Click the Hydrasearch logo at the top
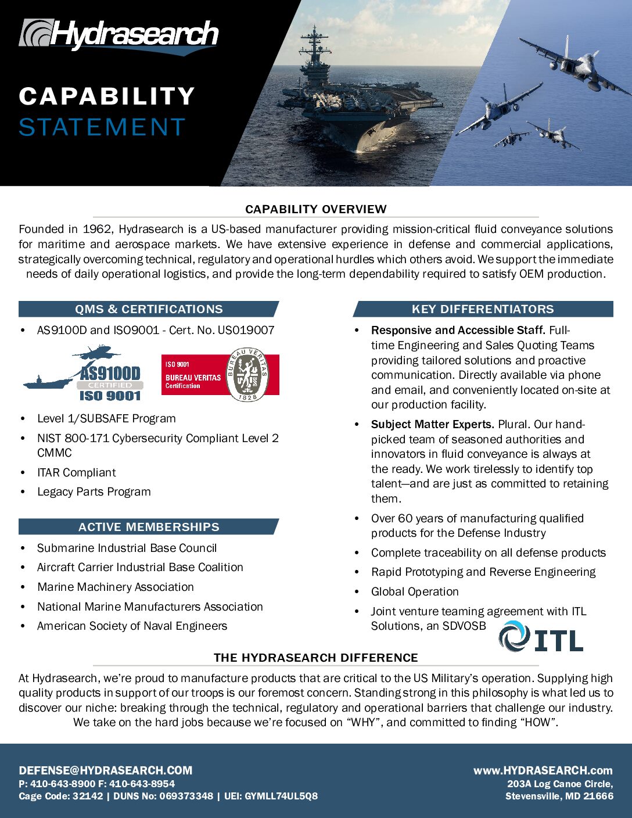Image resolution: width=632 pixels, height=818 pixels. click(x=119, y=36)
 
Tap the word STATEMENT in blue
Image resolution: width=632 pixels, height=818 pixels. click(x=102, y=127)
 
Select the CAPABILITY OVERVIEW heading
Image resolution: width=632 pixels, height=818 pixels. click(x=315, y=209)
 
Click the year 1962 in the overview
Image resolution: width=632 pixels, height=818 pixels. click(x=97, y=229)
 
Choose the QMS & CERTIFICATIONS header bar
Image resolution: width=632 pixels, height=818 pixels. click(x=149, y=309)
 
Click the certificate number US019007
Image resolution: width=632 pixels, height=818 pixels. click(x=246, y=331)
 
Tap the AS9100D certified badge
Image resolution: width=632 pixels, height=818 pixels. click(x=87, y=375)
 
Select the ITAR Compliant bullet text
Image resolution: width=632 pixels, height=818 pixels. click(x=77, y=473)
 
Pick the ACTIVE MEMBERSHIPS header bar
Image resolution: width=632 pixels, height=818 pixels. click(x=149, y=527)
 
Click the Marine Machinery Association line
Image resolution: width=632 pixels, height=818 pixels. click(x=116, y=587)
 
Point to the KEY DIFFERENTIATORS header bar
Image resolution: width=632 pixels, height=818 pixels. click(x=483, y=309)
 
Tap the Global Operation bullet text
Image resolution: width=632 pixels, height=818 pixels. click(x=415, y=592)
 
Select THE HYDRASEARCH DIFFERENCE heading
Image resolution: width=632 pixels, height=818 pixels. click(x=315, y=658)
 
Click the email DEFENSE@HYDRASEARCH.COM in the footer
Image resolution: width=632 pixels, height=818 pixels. click(x=106, y=771)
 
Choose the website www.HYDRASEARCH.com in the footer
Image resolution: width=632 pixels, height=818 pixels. click(x=543, y=771)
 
